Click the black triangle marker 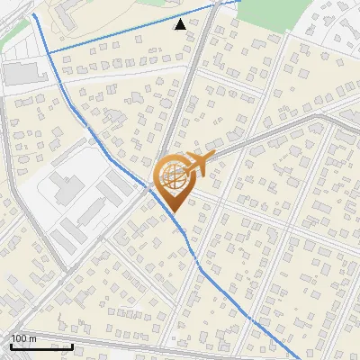click(181, 24)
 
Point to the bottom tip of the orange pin click(172, 211)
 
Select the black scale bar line click(41, 346)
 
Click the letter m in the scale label click(34, 338)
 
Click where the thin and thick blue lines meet click(47, 53)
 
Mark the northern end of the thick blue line click(33, 14)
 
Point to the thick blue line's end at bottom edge click(276, 358)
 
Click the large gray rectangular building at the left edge click(22, 73)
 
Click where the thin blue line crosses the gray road click(213, 7)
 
